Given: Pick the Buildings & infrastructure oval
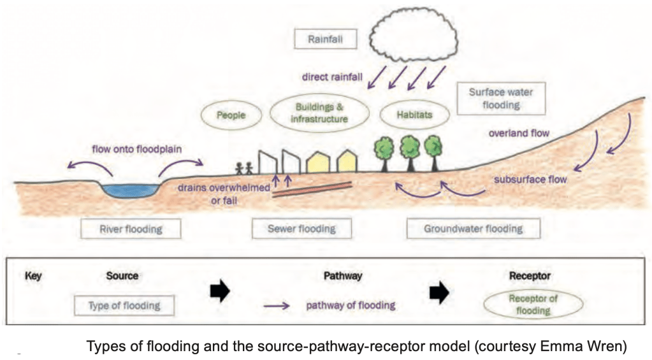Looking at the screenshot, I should pyautogui.click(x=319, y=113).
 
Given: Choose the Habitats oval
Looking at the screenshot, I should pyautogui.click(x=415, y=115).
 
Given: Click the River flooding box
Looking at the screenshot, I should pyautogui.click(x=131, y=229).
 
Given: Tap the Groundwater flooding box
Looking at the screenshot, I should pyautogui.click(x=473, y=229).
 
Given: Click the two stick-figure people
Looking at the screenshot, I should pyautogui.click(x=243, y=168).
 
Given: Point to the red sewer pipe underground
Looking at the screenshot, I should pyautogui.click(x=312, y=190).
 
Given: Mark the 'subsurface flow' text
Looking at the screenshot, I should pyautogui.click(x=530, y=180).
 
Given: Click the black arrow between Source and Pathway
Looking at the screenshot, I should pyautogui.click(x=219, y=292).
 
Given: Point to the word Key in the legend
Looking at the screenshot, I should pyautogui.click(x=33, y=277).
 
